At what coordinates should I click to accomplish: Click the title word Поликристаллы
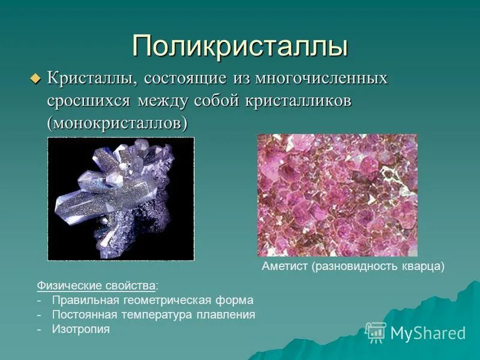tap(240, 46)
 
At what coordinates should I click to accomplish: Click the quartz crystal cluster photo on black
tap(121, 199)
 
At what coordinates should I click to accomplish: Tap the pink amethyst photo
tap(337, 195)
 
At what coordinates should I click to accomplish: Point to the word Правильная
tap(80, 300)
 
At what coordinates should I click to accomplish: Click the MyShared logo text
tap(428, 333)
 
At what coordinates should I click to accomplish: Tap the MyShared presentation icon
tap(376, 332)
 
